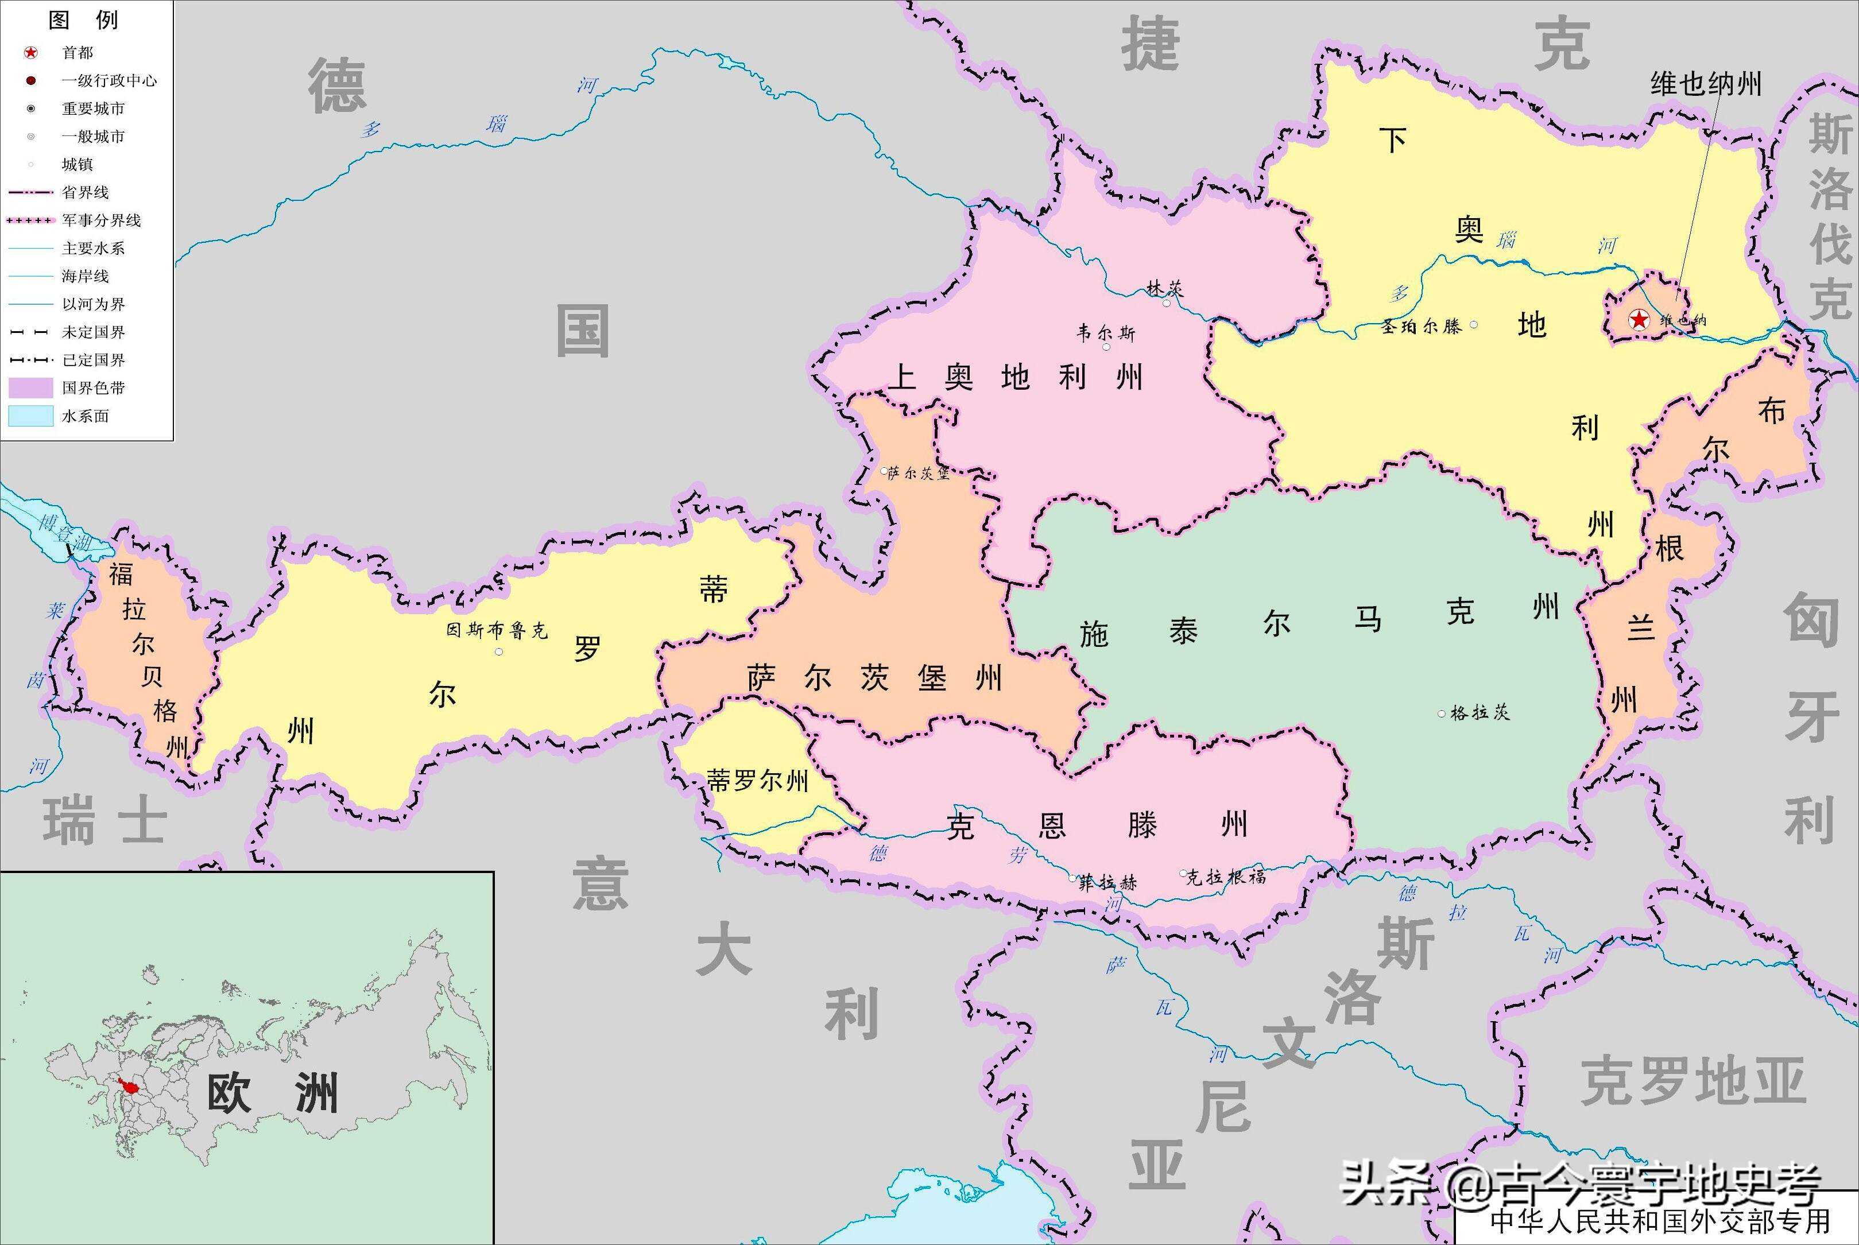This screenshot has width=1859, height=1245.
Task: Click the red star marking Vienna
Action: coord(1638,320)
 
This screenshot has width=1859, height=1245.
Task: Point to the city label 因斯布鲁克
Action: coord(497,630)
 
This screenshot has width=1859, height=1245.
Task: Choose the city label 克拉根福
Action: coord(1226,876)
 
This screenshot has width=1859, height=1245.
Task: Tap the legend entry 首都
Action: coord(78,52)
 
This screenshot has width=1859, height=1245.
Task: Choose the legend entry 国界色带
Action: coord(94,387)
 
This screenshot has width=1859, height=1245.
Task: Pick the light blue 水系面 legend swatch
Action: coord(30,415)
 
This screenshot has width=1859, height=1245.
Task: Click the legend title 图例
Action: coord(83,20)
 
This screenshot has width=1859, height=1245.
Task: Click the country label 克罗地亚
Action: coord(1694,1080)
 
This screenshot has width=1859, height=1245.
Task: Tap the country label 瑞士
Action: coord(105,822)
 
